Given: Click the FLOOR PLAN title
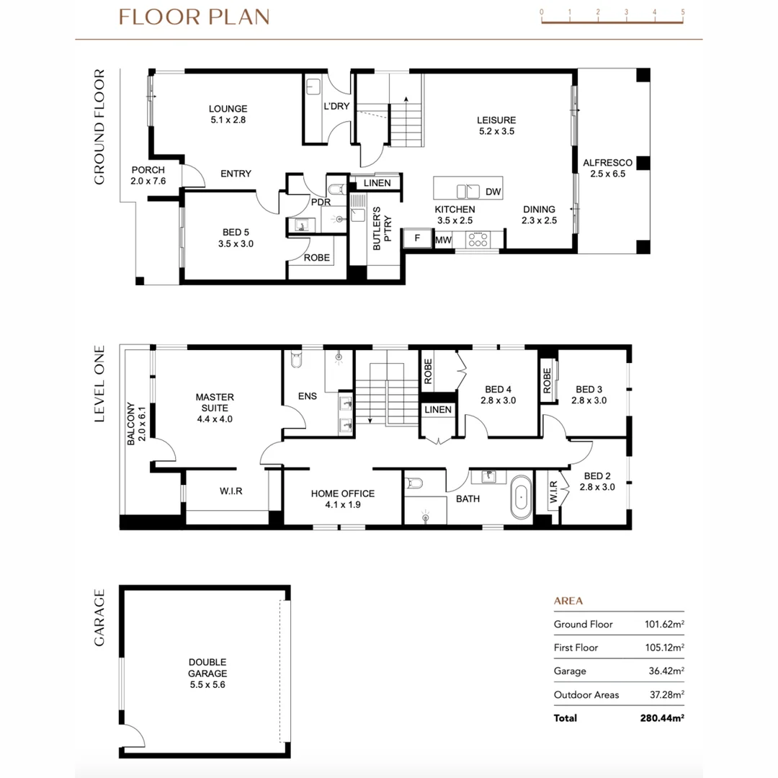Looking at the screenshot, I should (x=194, y=17).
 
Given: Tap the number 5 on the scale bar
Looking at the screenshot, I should (x=682, y=12).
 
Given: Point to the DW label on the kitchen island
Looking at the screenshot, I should (x=493, y=192).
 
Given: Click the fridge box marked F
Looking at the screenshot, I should (x=417, y=238).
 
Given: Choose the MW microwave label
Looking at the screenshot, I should (x=443, y=239).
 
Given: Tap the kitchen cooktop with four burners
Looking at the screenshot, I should (x=477, y=239).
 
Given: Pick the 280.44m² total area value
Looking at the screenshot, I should (x=661, y=717).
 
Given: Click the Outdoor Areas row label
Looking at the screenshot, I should (x=586, y=694).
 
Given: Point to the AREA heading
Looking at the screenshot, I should (x=568, y=601).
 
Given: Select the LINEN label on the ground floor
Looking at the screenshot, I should (x=377, y=183).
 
